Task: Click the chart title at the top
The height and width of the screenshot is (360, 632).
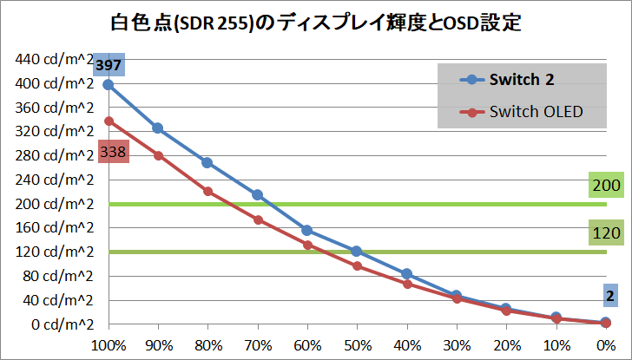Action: (316, 22)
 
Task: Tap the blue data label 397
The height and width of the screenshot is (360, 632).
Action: (109, 65)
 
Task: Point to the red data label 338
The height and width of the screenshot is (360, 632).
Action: (114, 152)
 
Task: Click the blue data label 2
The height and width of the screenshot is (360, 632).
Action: (610, 296)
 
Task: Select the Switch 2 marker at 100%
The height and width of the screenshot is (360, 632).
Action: (109, 85)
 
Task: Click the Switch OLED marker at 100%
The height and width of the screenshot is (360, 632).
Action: (109, 121)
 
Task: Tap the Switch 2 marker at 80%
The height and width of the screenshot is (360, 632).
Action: (207, 162)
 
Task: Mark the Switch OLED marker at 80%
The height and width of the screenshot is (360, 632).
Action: (207, 191)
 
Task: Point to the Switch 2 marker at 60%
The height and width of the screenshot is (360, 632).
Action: (307, 230)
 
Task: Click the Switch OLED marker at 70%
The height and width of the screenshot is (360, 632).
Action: (258, 219)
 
